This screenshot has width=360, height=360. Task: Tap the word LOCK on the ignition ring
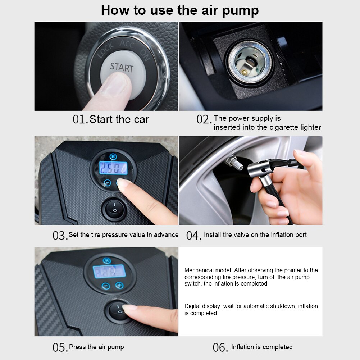click(x=106, y=50)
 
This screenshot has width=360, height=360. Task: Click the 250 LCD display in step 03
click(x=113, y=168)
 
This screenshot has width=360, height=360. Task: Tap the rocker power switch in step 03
click(x=114, y=209)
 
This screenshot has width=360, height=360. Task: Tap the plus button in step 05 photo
click(x=119, y=286)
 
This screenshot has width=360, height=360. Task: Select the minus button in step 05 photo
click(x=105, y=286)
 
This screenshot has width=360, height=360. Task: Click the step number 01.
click(x=80, y=119)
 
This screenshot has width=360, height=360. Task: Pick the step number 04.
click(x=193, y=236)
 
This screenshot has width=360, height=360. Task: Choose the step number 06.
click(x=220, y=347)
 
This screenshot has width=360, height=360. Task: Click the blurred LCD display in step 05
click(x=109, y=272)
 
